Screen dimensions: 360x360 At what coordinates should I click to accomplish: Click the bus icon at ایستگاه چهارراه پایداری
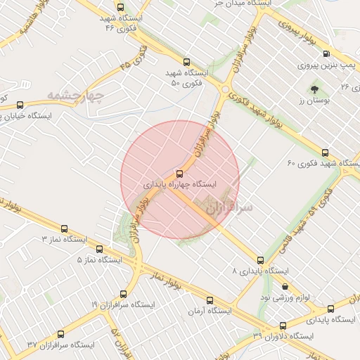coord(179,173)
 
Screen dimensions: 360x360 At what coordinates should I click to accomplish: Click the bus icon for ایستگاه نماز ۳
coord(65,229)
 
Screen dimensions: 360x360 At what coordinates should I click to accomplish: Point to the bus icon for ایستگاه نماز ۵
coord(98,249)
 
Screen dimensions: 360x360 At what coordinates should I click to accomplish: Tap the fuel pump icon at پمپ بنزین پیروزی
coord(345,66)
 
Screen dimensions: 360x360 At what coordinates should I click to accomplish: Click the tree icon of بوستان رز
coord(314,89)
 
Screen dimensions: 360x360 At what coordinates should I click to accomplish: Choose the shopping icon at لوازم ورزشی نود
coord(284,287)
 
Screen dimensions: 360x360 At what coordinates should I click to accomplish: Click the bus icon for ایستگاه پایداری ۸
coord(261,260)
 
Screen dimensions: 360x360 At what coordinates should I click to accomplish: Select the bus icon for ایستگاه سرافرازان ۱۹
coord(124,294)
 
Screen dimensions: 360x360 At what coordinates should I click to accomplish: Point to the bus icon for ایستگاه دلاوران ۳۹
coord(283,326)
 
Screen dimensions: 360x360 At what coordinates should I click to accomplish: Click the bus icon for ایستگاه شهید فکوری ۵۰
coord(186,62)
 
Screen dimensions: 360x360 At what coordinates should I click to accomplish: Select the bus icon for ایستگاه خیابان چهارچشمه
coord(19,105)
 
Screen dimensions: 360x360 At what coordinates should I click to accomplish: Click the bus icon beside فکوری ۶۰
coord(325,153)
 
